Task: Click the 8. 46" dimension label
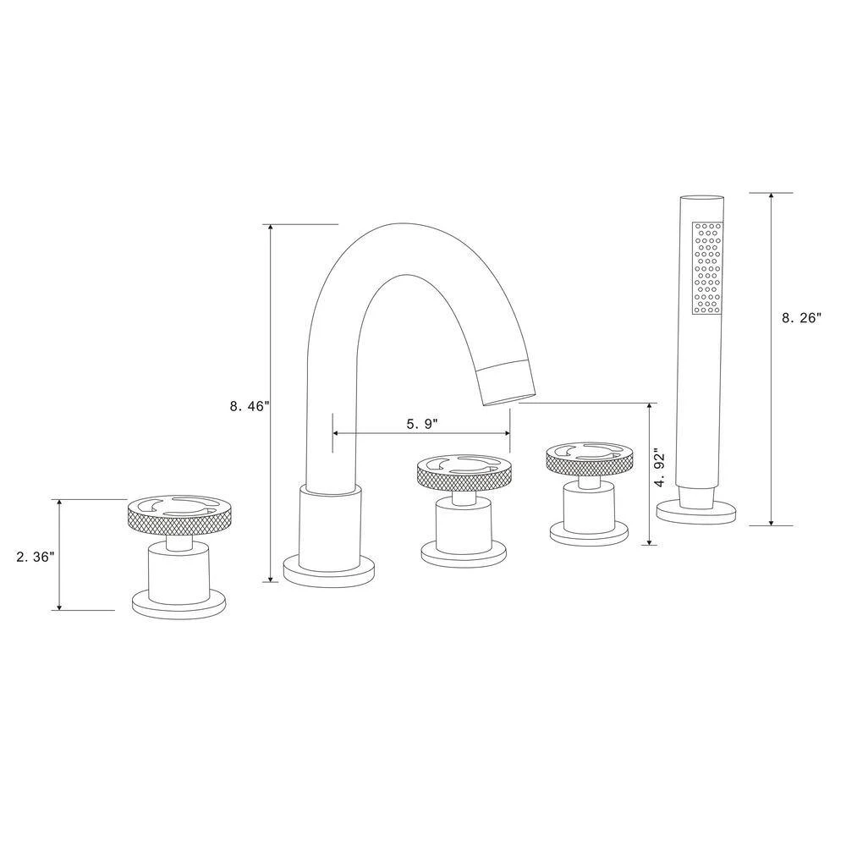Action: (250, 406)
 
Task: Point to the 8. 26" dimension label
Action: (801, 318)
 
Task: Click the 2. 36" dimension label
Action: (35, 558)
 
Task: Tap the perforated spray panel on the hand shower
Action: (707, 267)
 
